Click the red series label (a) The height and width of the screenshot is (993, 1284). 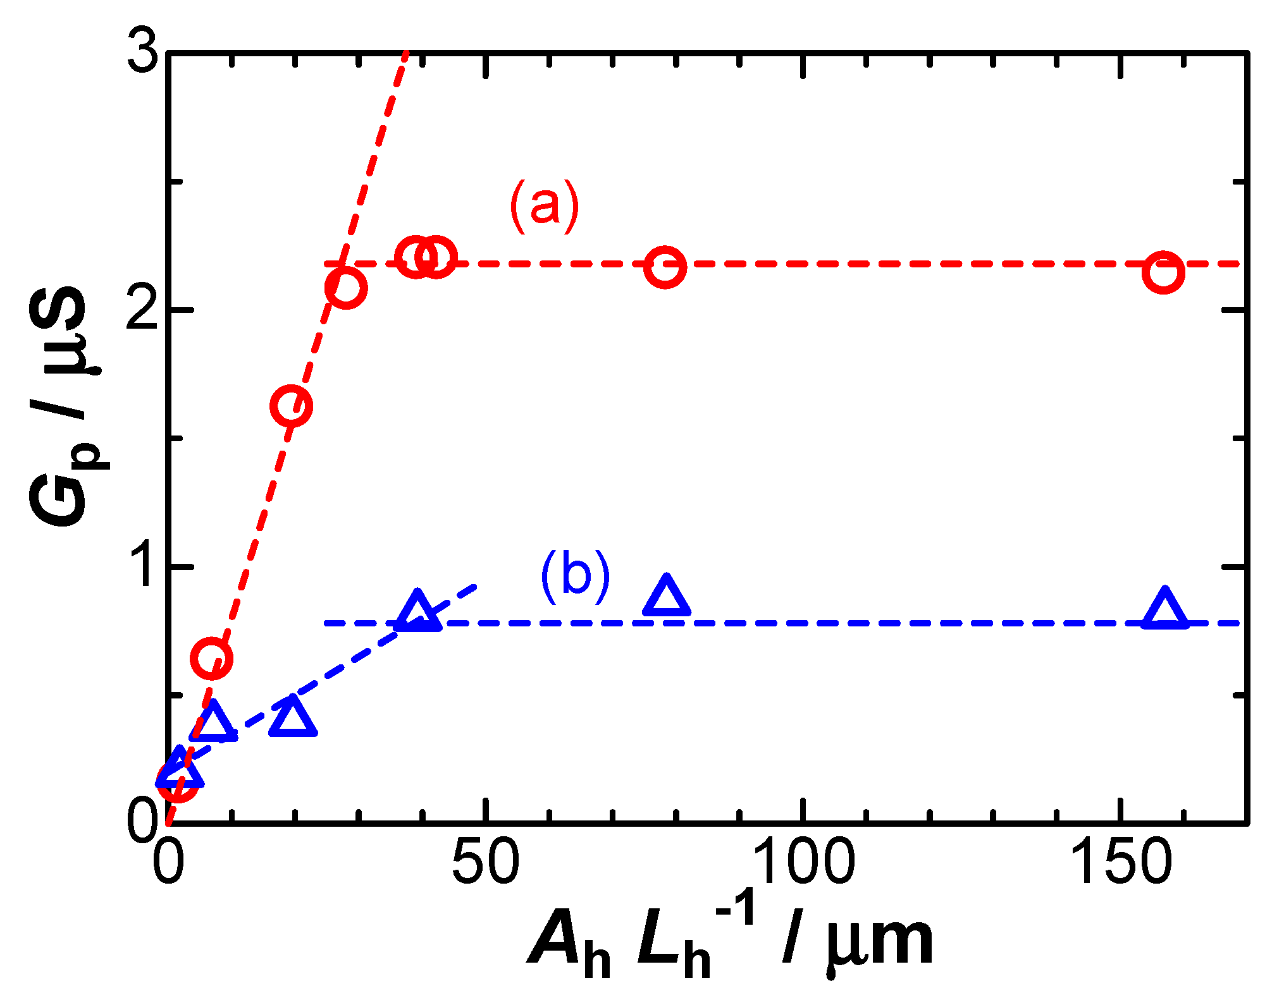pos(545,207)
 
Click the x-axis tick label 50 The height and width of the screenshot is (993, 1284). pos(485,862)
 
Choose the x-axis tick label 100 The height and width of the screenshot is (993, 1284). pos(803,862)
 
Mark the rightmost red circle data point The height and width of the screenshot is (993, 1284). pos(1163,272)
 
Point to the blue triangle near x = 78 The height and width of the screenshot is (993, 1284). pos(666,597)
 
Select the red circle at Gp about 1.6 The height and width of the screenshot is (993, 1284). pos(291,406)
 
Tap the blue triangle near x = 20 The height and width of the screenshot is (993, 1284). pos(292,717)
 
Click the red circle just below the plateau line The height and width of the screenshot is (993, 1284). pos(346,288)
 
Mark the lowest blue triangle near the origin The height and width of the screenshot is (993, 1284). pos(180,769)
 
